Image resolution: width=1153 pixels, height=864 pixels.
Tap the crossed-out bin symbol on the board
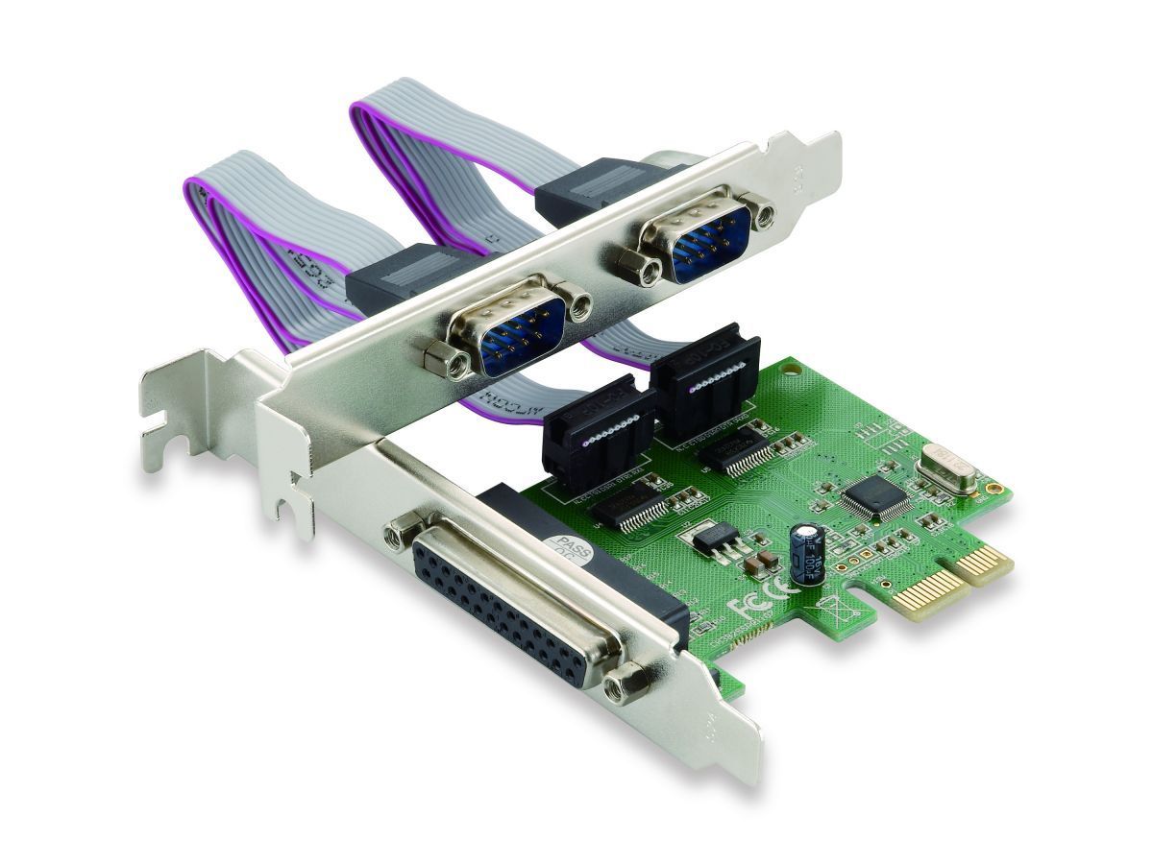pyautogui.click(x=827, y=609)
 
